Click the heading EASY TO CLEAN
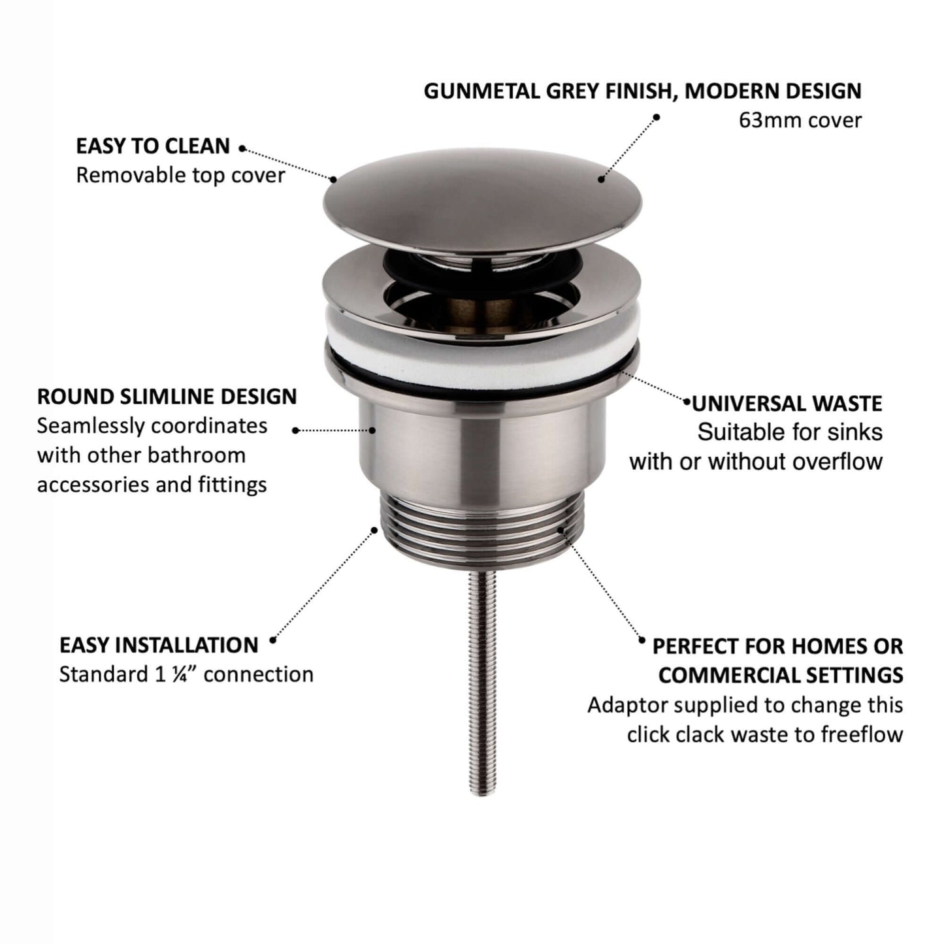[x=153, y=146]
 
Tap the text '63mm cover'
[x=800, y=120]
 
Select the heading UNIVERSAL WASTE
[x=787, y=404]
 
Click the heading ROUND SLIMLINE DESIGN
[x=167, y=397]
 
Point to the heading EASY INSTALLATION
[x=159, y=645]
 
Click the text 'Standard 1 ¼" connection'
[x=186, y=675]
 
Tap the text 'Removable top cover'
[x=180, y=175]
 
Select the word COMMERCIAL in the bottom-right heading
[x=728, y=675]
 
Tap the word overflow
[x=838, y=461]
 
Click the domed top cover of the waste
[x=482, y=200]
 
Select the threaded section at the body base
[x=480, y=536]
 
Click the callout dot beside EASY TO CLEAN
[x=242, y=148]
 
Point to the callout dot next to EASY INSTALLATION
[x=273, y=640]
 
